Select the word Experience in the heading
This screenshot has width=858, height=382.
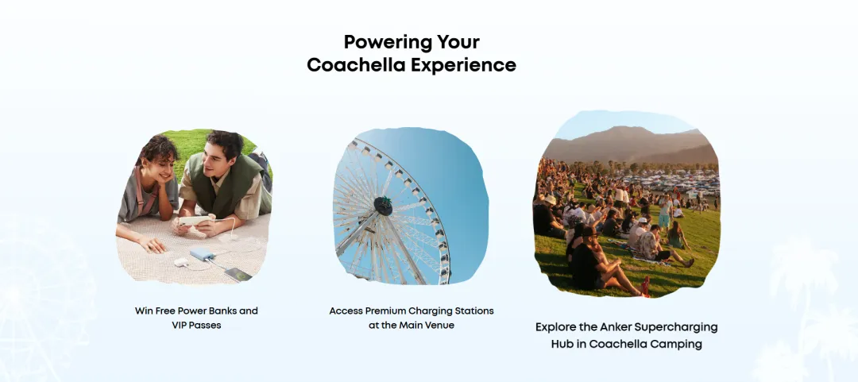click(464, 66)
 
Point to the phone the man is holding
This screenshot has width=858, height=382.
click(192, 221)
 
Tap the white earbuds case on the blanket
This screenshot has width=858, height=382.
click(180, 263)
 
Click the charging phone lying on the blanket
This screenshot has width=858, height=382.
click(238, 274)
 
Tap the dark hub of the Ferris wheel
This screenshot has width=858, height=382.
click(383, 206)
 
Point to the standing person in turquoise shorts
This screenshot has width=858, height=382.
click(665, 214)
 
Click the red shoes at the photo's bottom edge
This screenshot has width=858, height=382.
click(646, 287)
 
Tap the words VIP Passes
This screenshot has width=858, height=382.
click(196, 325)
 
